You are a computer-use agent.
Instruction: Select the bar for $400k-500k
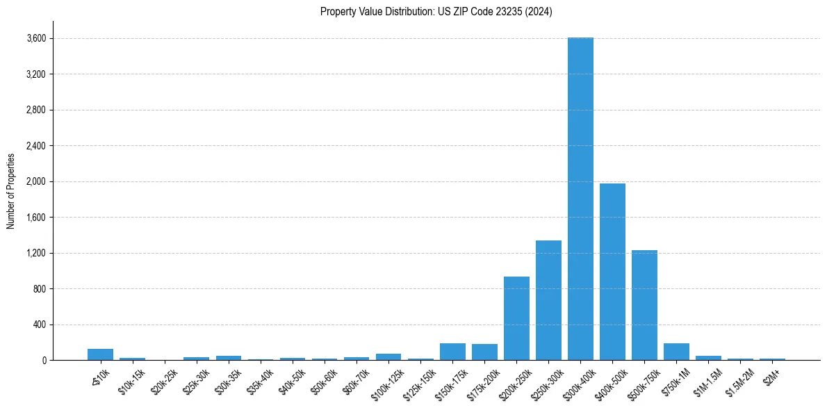(612, 272)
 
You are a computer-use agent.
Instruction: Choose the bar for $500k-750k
(644, 305)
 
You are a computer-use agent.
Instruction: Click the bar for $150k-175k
(452, 352)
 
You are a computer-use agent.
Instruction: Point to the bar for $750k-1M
(676, 352)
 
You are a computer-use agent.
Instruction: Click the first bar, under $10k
(100, 354)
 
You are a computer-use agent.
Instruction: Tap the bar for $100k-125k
(388, 356)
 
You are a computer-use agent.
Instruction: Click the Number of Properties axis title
(10, 190)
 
